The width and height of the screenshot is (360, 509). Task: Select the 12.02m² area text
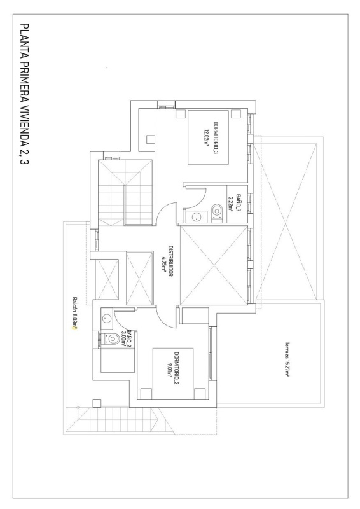207,135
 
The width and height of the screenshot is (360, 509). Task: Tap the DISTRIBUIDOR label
170,260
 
